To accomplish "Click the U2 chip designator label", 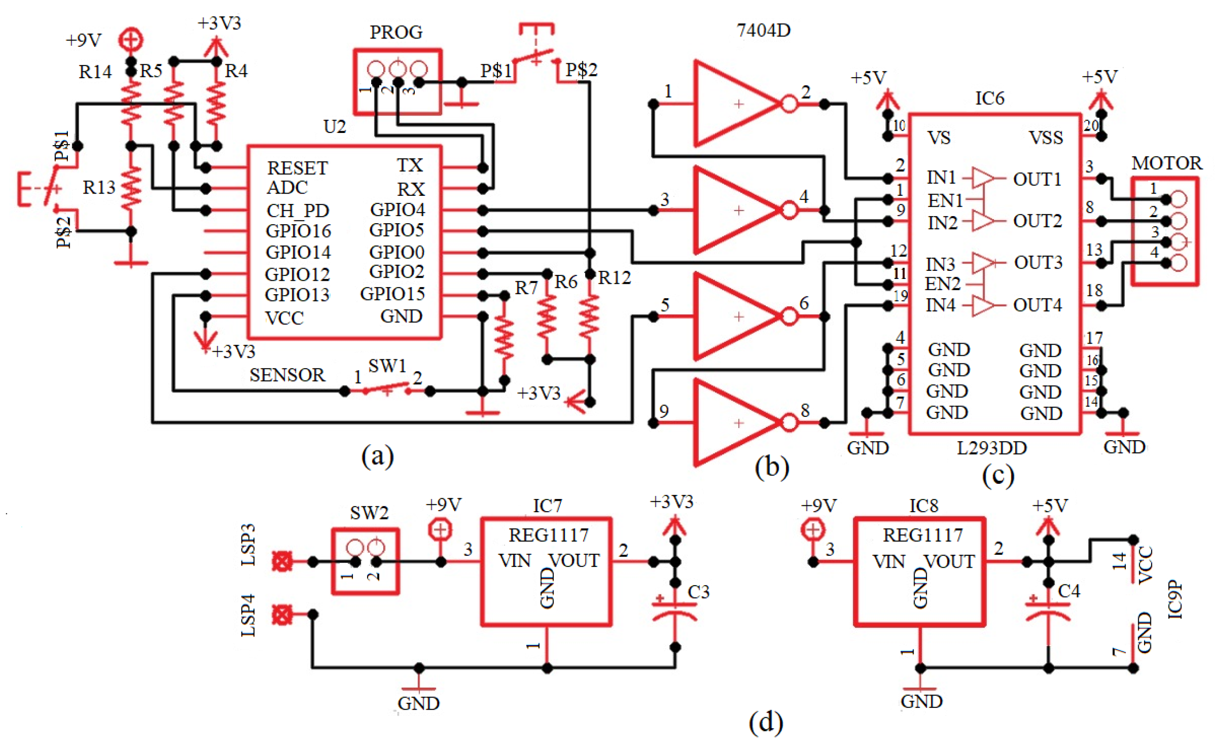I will (334, 127).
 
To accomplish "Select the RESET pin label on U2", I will (297, 168).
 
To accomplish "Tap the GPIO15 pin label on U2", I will (392, 294).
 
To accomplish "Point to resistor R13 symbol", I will (131, 188).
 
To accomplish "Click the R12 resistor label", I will (614, 278).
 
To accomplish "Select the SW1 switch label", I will (387, 366).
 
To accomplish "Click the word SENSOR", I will (287, 376).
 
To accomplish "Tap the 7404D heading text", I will (763, 31).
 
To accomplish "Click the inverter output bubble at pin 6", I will (789, 317).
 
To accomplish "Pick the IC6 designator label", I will (989, 98).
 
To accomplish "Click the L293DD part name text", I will (992, 448).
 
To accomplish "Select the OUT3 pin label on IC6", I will (1038, 262).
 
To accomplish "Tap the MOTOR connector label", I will (1166, 163).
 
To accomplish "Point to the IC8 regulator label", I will (923, 506).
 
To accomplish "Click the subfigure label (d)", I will (765, 722).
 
